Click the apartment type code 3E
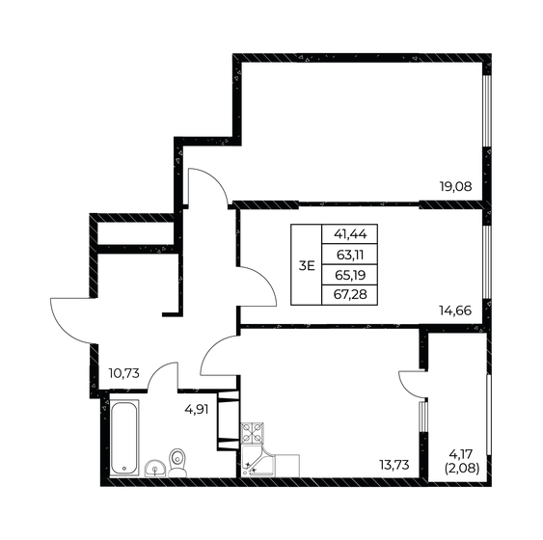(x=306, y=265)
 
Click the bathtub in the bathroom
(x=125, y=437)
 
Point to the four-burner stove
(x=252, y=432)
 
